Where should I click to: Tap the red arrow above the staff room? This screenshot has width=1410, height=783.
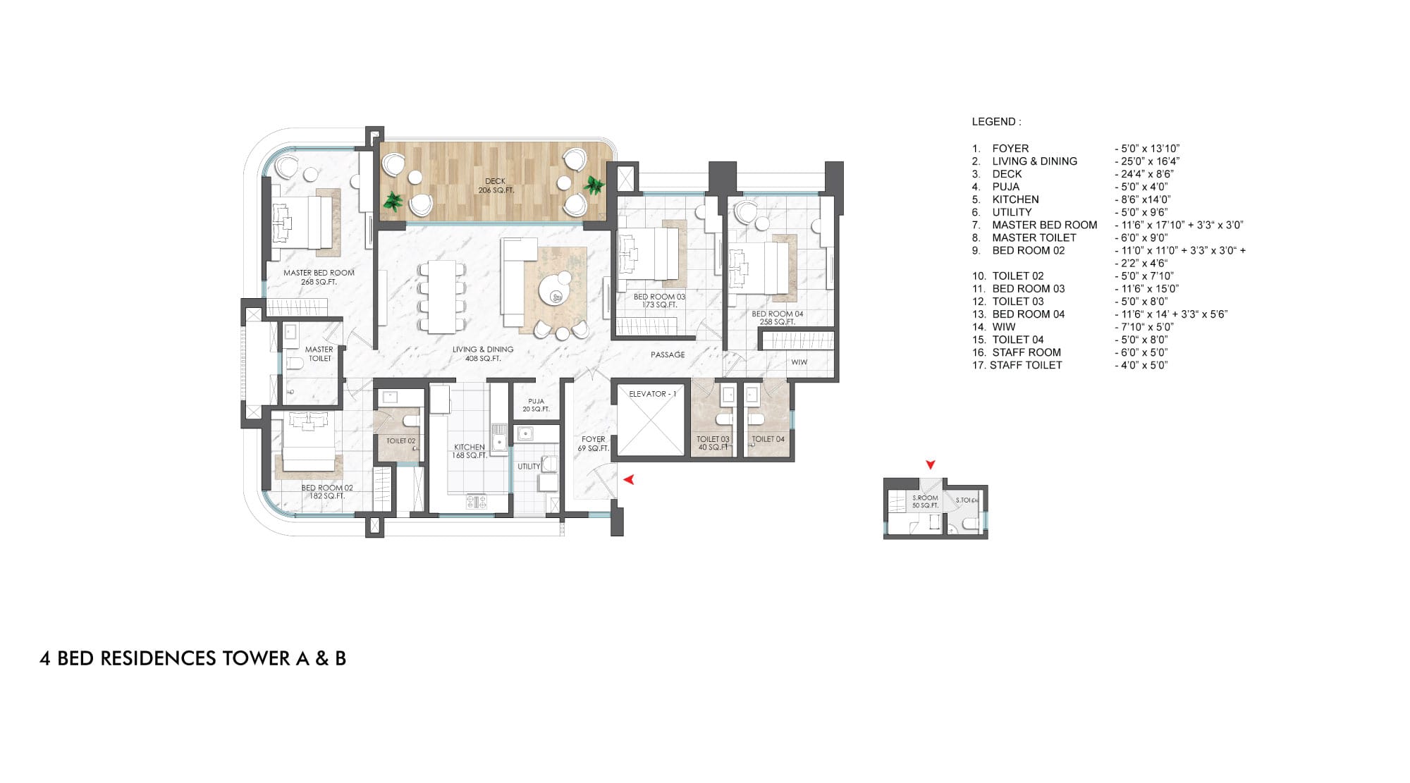tap(931, 464)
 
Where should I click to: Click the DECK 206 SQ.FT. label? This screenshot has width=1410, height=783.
tap(496, 186)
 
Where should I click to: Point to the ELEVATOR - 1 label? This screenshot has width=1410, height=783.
tap(652, 394)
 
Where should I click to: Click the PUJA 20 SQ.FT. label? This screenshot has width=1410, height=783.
tap(536, 405)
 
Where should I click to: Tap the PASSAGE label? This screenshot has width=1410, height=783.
tap(668, 354)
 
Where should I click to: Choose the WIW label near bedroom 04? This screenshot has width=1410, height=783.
tap(799, 362)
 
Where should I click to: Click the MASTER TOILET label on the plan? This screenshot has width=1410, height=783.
tap(319, 354)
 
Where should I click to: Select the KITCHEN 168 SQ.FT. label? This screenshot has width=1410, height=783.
tap(470, 451)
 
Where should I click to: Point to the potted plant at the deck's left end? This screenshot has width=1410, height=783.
tap(393, 202)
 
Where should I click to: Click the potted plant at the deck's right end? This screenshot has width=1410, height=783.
tap(594, 186)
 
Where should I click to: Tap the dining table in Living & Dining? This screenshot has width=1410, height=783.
tap(442, 297)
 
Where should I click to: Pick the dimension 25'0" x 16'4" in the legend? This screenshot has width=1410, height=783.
tap(1147, 161)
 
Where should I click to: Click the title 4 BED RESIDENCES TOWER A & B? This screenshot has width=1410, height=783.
tap(192, 658)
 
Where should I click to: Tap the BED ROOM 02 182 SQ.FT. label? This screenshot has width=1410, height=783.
tap(327, 491)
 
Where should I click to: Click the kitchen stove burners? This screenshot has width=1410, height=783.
tap(477, 502)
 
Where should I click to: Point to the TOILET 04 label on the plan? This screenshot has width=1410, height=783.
tap(768, 439)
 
